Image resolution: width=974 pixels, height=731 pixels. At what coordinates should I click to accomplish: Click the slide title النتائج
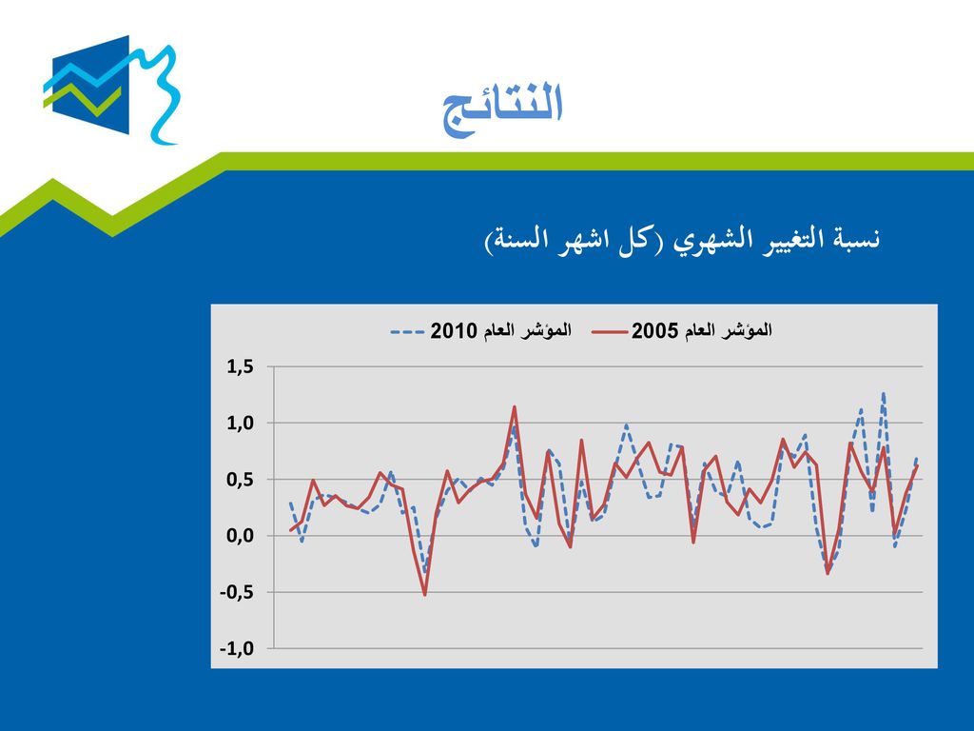[x=502, y=107]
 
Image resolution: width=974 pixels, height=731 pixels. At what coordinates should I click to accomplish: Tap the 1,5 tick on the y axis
[x=240, y=366]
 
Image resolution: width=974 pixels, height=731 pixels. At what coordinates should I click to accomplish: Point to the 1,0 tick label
[x=240, y=424]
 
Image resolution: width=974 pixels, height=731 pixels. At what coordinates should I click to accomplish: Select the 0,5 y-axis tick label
[x=240, y=480]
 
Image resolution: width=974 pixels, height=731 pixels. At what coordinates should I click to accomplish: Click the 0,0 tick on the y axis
[x=240, y=536]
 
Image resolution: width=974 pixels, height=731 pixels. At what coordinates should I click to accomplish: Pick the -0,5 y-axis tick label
[x=237, y=592]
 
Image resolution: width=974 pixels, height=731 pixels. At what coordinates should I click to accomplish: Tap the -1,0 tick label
[x=237, y=649]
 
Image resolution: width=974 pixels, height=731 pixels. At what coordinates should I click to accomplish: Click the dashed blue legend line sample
[x=407, y=331]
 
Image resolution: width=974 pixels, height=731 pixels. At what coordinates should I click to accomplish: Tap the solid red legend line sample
[x=610, y=331]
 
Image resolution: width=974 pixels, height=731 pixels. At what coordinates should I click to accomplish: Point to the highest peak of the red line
[x=515, y=406]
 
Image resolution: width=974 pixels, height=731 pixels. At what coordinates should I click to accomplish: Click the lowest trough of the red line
[x=425, y=595]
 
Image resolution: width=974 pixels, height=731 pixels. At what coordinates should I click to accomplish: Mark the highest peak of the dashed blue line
[x=884, y=393]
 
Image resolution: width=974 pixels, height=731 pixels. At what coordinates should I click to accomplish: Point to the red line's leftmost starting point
[x=290, y=530]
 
